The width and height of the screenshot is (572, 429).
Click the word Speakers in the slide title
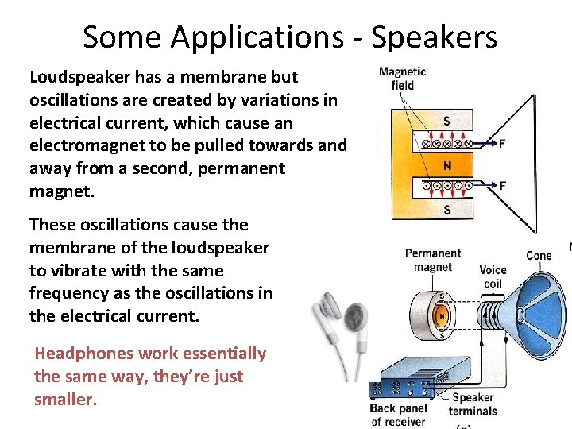(x=434, y=37)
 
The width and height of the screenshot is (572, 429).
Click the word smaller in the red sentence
(x=65, y=400)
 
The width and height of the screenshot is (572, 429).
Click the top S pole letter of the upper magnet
(x=447, y=122)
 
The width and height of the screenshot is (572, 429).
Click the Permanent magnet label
(x=432, y=261)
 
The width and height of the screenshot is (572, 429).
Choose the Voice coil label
(x=493, y=276)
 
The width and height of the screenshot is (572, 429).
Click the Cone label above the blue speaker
(x=539, y=256)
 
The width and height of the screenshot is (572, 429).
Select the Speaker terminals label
(x=472, y=404)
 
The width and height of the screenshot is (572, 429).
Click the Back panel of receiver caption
(x=398, y=414)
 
